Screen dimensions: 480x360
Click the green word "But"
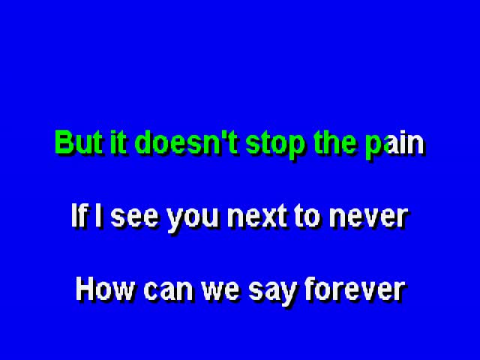78,142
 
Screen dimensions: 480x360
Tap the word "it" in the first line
118,142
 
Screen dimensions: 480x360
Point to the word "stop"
275,145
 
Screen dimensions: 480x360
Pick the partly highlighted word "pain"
395,145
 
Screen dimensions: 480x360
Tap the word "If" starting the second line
79,215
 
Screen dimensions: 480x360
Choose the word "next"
257,217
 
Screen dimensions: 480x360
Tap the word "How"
105,289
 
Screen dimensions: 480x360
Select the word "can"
169,291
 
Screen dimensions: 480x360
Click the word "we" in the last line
220,291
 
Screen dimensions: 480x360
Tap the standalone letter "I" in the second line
98,215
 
